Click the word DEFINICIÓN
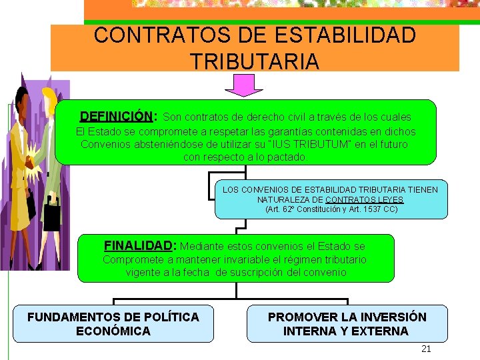117,117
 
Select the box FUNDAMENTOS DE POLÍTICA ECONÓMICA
113,323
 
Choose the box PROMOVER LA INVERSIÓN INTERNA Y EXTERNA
347,323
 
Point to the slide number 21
427,349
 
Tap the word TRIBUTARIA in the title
255,61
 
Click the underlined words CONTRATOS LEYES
364,200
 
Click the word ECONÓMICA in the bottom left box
113,331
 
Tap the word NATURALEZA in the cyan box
289,200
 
